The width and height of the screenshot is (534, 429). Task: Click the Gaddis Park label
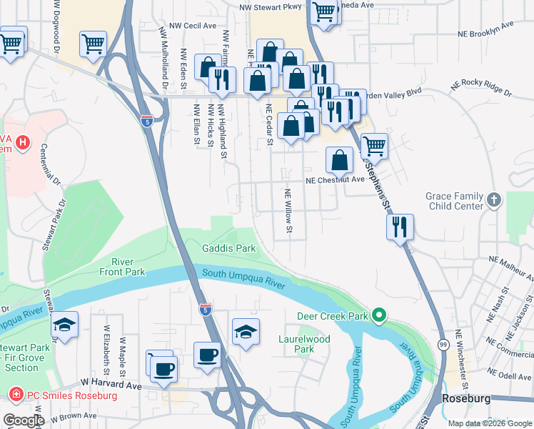point(228,248)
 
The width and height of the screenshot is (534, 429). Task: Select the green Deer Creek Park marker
point(379,315)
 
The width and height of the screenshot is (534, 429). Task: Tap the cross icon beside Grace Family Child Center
point(494,201)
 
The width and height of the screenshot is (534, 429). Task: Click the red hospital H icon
point(23,143)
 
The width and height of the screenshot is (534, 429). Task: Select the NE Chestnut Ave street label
point(335,180)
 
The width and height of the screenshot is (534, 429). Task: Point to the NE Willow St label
point(289,211)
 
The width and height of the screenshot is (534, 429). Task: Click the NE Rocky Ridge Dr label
point(481,89)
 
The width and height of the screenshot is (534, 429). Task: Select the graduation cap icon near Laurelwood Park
point(246,331)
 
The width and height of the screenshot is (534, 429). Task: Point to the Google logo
point(23,420)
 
